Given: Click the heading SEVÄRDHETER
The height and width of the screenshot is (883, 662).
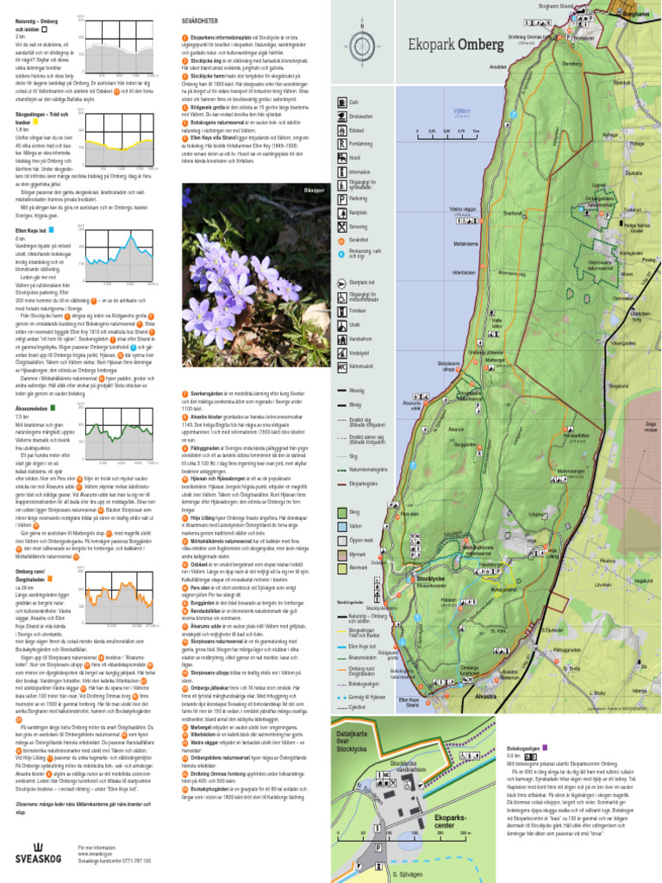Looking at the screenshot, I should [x=200, y=17].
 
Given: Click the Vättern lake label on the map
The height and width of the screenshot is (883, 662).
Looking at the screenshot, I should [x=437, y=111].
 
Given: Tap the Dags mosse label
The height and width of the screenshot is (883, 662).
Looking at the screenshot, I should [x=651, y=426].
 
